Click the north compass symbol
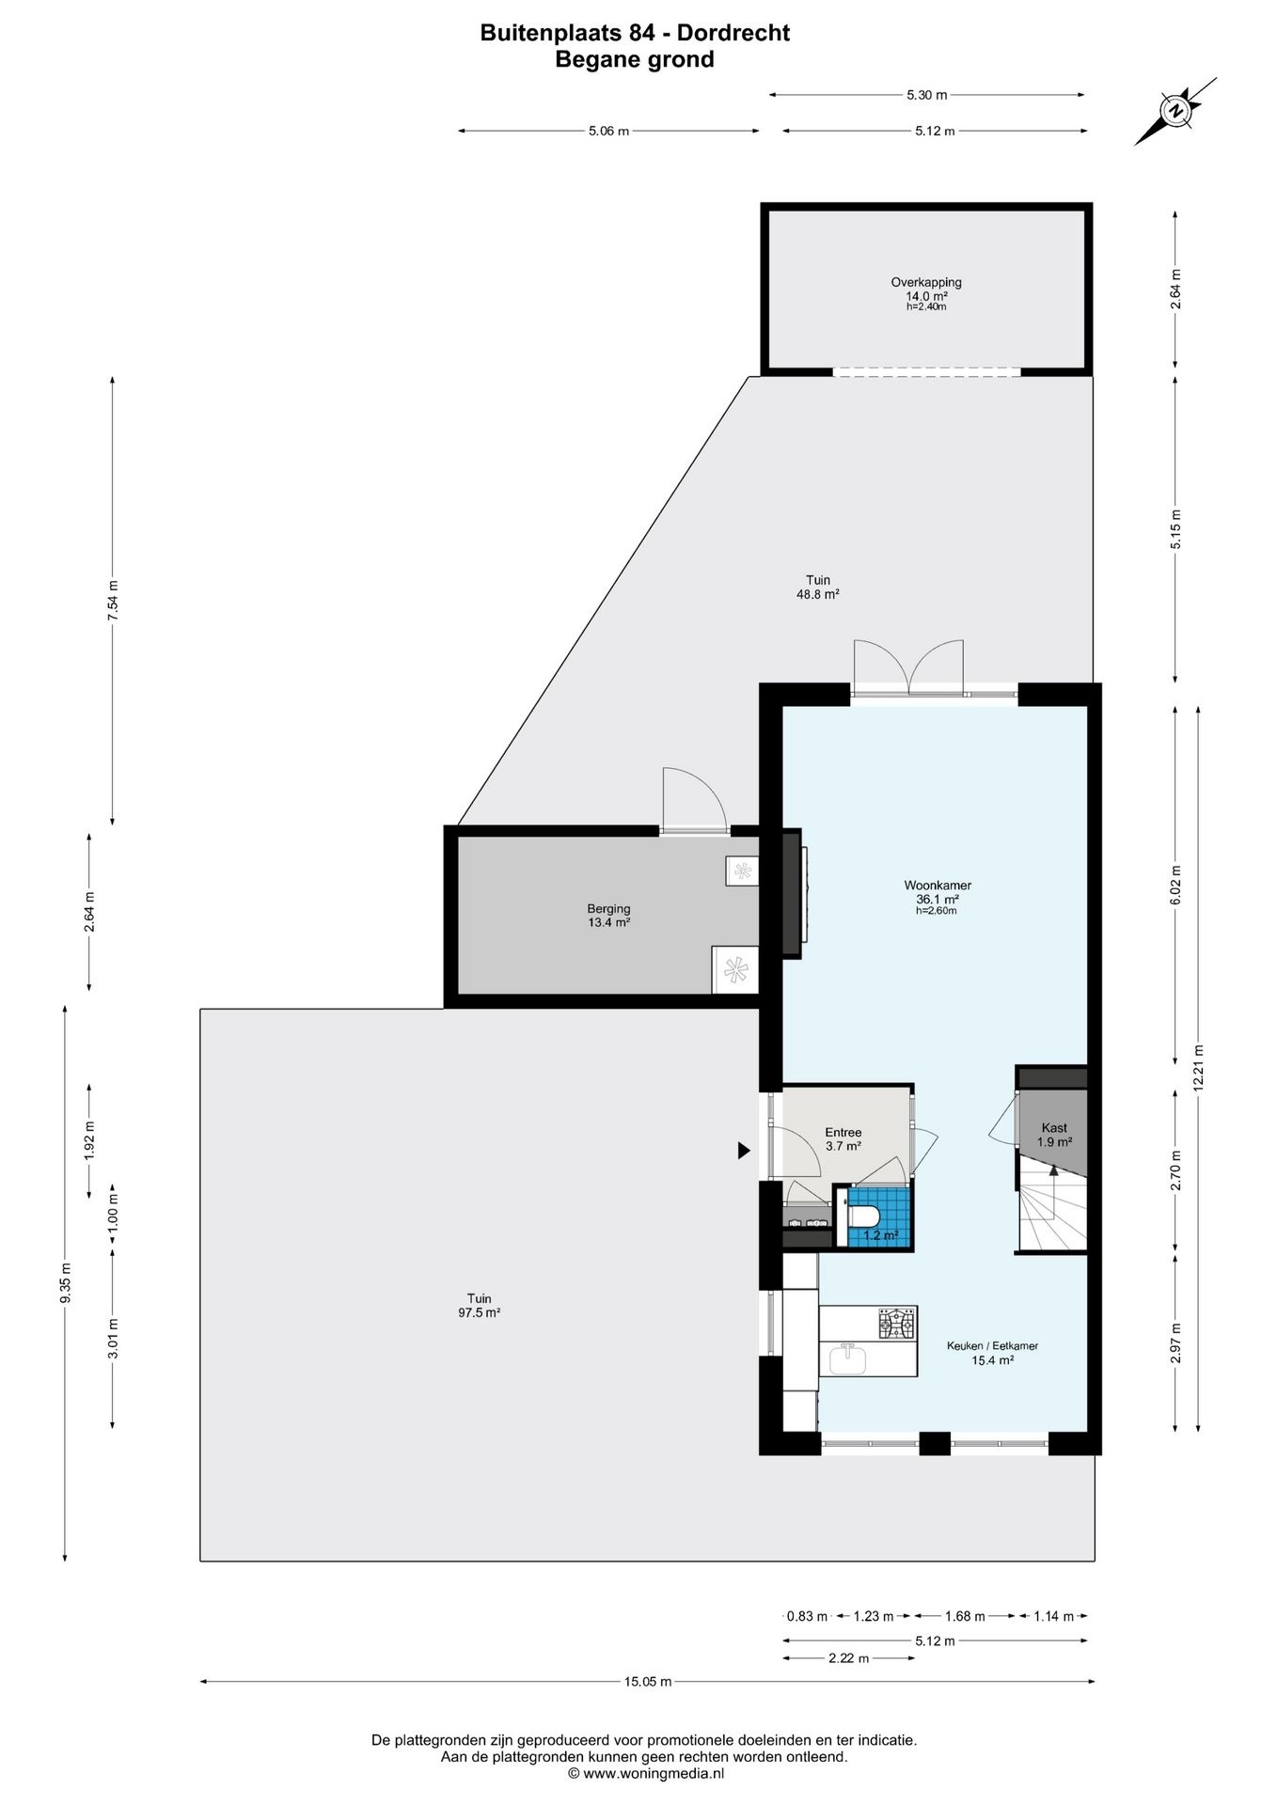tap(1175, 112)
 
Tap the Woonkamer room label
tap(938, 885)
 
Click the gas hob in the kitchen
tap(896, 1324)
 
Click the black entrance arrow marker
tap(744, 1149)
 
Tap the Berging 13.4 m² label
tap(608, 916)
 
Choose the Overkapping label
tap(926, 282)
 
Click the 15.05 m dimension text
tap(649, 1682)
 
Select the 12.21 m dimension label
tap(1198, 1066)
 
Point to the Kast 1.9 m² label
tap(1054, 1135)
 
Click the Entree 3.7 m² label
tap(843, 1139)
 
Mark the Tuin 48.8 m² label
tap(818, 587)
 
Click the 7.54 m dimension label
tap(113, 601)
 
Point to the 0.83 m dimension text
tap(808, 1616)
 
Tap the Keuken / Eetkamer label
tap(992, 1345)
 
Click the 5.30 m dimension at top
tap(926, 94)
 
